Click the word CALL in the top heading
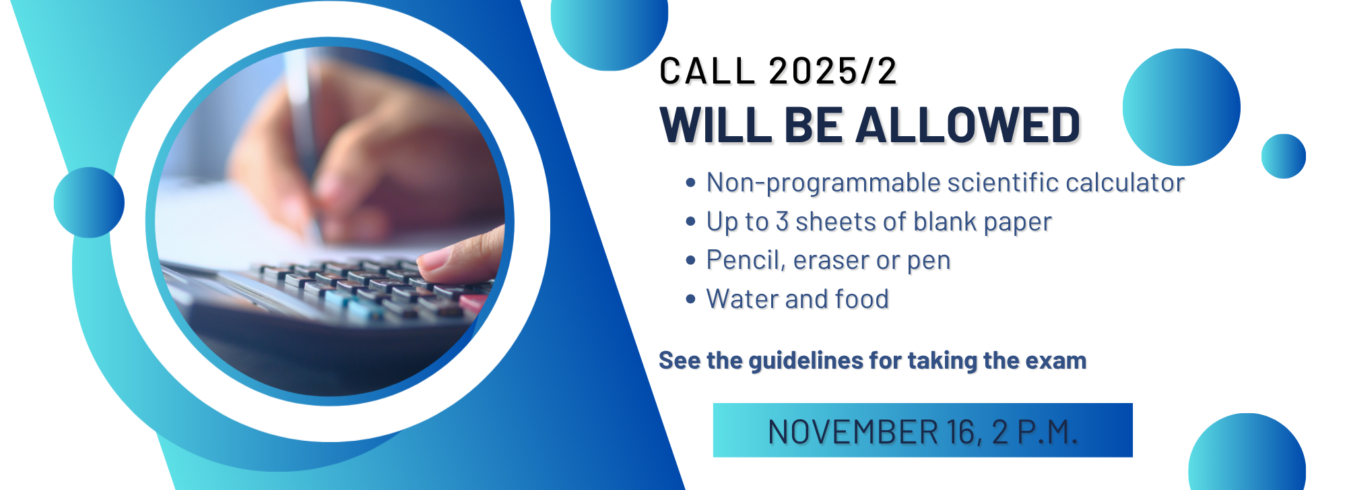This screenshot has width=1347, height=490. pos(707,71)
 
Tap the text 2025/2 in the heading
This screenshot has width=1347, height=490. pos(832,71)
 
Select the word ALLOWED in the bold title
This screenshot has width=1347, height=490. pos(968,125)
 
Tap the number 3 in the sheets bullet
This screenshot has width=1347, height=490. pos(782,222)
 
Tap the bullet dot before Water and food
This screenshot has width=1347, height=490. pos(690,299)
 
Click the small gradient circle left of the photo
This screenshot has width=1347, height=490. pos(89,202)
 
